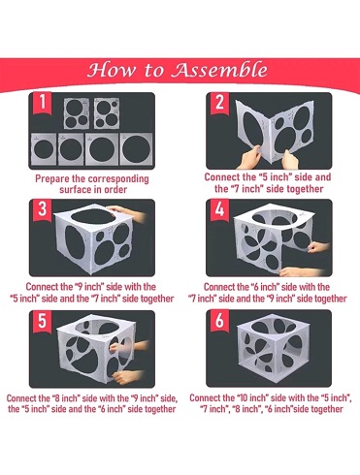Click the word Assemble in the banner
click(x=219, y=69)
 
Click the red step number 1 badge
click(x=43, y=103)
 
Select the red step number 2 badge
click(x=219, y=104)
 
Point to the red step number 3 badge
click(x=43, y=210)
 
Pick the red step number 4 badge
click(x=219, y=210)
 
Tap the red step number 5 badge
click(x=43, y=321)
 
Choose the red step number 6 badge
click(x=219, y=321)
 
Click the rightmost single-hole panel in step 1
click(x=137, y=149)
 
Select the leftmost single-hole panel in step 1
click(x=44, y=149)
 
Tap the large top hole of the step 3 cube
click(x=94, y=216)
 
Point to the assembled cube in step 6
click(x=273, y=348)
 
